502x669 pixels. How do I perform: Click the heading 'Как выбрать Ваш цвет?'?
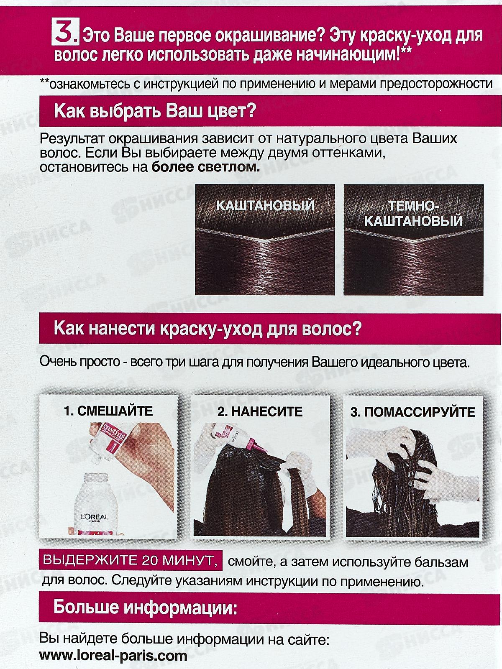point(155,112)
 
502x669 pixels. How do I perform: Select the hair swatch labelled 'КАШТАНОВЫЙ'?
point(265,240)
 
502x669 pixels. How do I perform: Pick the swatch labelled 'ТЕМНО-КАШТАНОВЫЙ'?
point(413,240)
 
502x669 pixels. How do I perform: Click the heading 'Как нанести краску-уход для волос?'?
point(207,329)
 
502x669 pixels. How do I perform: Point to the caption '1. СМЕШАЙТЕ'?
point(108,411)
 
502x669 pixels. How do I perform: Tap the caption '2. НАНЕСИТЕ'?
point(260,411)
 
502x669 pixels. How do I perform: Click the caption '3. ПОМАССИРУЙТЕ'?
point(412,412)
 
